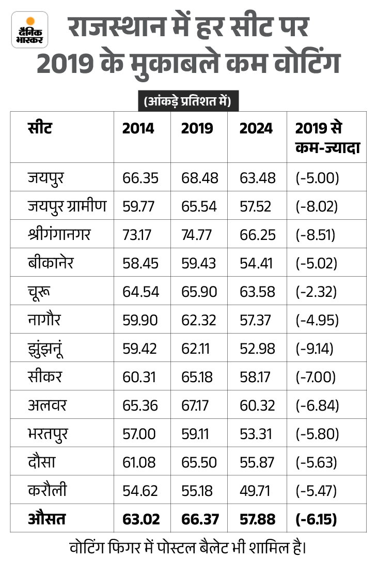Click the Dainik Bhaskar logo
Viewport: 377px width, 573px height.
(x=29, y=29)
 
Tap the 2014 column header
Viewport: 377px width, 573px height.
(x=138, y=128)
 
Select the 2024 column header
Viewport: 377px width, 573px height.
(x=256, y=128)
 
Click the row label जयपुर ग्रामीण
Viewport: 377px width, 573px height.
(x=67, y=206)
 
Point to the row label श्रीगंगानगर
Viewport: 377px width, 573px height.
(x=59, y=235)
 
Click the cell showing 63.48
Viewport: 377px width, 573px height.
(x=257, y=178)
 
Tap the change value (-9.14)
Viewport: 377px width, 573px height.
(x=315, y=349)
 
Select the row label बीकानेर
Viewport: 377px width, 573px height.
(x=51, y=263)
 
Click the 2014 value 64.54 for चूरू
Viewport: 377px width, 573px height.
(x=140, y=292)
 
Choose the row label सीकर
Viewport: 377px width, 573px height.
(x=45, y=377)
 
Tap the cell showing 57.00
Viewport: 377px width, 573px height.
(x=139, y=434)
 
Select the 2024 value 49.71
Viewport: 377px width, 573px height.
(x=255, y=491)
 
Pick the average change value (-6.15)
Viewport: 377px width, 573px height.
(x=316, y=519)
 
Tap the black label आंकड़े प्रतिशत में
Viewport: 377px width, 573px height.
(x=188, y=101)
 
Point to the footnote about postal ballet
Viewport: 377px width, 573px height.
(x=188, y=548)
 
